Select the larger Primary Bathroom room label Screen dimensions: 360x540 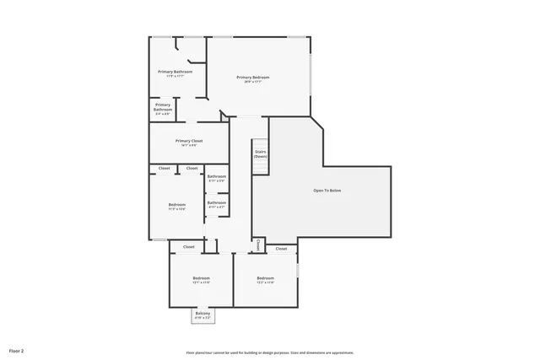point(175,73)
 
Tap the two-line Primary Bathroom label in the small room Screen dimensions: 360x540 point(163,108)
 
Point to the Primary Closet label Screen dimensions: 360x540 point(189,142)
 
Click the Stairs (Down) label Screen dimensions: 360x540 point(261,154)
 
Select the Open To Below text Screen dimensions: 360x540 point(327,191)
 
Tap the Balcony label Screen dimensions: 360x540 point(202,314)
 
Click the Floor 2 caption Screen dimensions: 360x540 point(17,350)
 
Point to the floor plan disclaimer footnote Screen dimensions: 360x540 point(270,352)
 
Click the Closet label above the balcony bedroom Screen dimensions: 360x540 point(189,247)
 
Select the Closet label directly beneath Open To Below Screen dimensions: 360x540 point(281,249)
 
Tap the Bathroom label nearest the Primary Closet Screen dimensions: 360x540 point(217,177)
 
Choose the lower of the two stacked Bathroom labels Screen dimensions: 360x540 point(217,203)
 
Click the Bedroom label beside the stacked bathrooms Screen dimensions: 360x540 point(176,206)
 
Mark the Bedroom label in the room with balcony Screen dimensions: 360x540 point(201,279)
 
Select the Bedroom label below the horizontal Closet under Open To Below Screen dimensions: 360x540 point(265,279)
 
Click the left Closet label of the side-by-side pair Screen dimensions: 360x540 point(164,169)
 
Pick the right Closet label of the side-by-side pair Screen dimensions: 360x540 point(192,169)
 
